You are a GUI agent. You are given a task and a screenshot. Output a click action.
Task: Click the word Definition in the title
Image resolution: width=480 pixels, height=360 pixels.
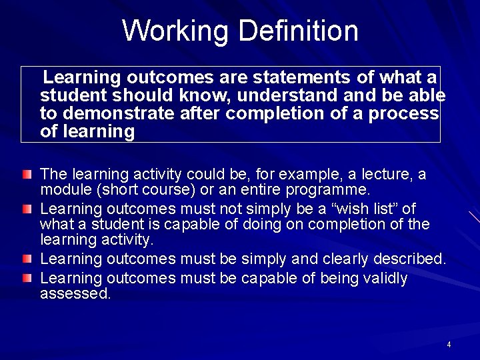[298, 31]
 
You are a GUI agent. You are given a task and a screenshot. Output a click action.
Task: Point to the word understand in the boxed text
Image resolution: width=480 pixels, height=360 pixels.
[275, 95]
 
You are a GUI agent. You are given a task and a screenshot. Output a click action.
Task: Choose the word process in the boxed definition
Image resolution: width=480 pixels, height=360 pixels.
[406, 113]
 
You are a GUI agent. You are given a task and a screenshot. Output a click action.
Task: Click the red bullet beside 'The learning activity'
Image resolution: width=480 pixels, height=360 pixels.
[26, 175]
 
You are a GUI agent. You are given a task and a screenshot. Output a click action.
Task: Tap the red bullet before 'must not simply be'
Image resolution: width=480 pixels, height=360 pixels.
[26, 209]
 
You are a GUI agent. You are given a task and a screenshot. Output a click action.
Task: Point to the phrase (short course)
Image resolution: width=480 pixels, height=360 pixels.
[141, 189]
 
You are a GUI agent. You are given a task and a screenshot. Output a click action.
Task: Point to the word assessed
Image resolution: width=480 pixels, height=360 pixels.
[75, 293]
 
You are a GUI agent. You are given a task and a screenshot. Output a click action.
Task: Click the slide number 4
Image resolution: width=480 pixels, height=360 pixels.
[449, 345]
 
